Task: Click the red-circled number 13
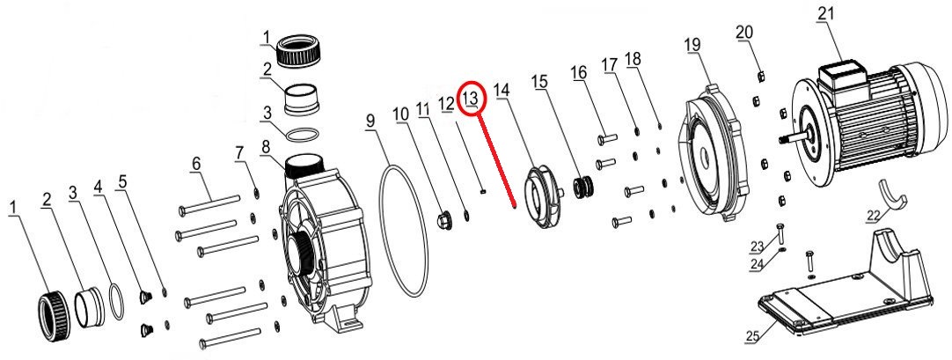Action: coord(472,98)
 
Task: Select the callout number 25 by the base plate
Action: coord(753,337)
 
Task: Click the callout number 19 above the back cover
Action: coord(692,45)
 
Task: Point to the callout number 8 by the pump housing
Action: coord(265,147)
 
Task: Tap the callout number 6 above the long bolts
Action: coord(196,164)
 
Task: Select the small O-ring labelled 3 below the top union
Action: coord(301,134)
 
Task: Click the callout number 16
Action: coord(579,72)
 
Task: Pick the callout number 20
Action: coord(744,32)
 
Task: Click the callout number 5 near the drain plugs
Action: coord(122,181)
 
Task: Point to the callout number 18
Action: coord(633,59)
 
